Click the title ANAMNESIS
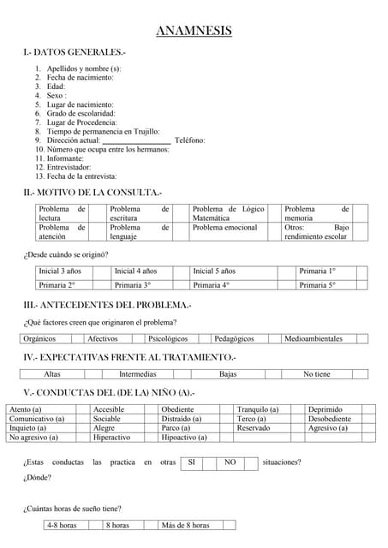(194, 32)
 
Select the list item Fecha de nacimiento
(80, 77)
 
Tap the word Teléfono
(189, 140)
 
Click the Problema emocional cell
(224, 228)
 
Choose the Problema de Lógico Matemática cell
(228, 213)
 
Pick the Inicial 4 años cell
(136, 271)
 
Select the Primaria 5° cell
(318, 285)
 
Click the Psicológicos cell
(168, 338)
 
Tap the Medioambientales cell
(313, 338)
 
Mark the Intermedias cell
(137, 374)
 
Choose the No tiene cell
(316, 374)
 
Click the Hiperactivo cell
(111, 438)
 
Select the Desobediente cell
(329, 420)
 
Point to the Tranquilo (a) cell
(257, 410)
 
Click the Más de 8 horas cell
(185, 526)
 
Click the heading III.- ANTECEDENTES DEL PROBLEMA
(107, 305)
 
